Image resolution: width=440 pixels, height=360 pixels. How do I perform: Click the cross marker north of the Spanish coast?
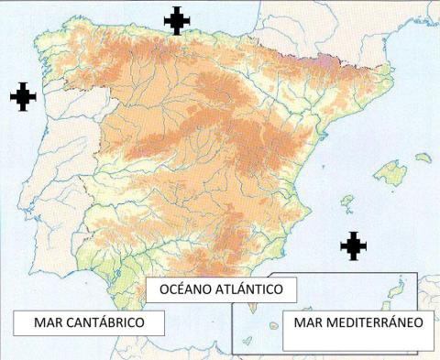tap(176, 20)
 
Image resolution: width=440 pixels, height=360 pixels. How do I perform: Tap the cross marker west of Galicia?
tap(23, 96)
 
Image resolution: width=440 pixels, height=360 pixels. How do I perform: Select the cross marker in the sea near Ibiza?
tap(353, 245)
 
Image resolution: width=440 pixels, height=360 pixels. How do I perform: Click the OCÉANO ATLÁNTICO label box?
tap(221, 290)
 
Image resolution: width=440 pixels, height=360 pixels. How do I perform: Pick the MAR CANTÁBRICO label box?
tap(90, 323)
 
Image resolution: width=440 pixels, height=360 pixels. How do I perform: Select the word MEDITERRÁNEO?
tap(375, 323)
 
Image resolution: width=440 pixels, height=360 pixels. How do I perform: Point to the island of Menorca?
tap(423, 158)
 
